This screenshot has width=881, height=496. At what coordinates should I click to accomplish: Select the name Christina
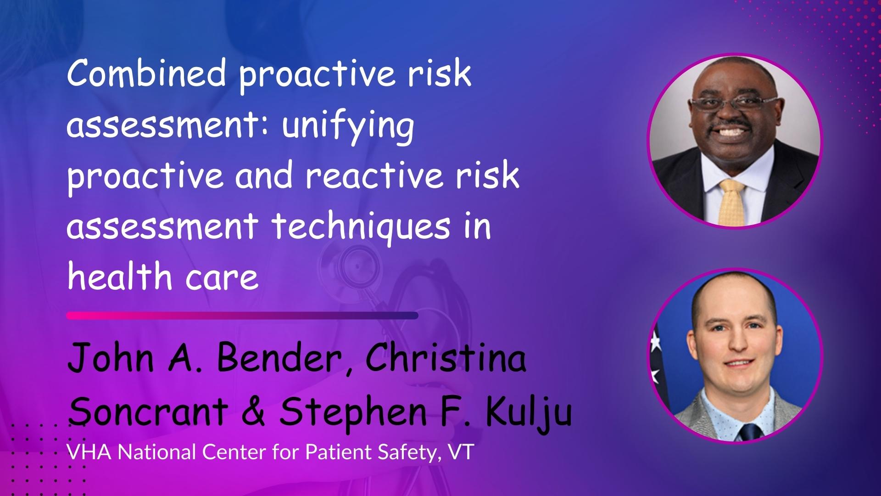[446, 359]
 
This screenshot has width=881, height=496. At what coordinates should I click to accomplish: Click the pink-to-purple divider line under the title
[242, 316]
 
